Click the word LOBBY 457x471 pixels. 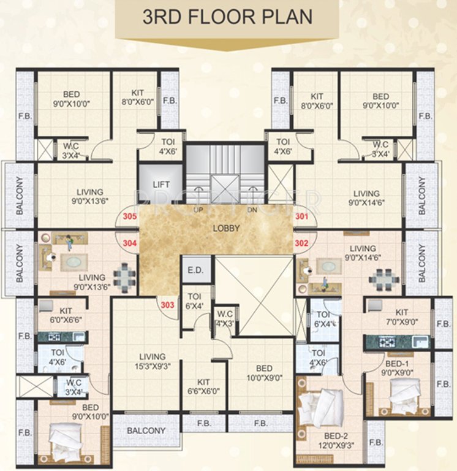(225, 229)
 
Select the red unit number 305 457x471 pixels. (129, 216)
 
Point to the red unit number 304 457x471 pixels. (129, 242)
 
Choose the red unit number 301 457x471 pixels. (302, 216)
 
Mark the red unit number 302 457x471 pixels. (302, 242)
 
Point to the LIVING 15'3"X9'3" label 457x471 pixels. (152, 361)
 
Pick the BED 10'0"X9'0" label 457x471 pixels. (264, 373)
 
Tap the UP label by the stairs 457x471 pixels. (198, 210)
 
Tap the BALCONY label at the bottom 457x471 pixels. (146, 431)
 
